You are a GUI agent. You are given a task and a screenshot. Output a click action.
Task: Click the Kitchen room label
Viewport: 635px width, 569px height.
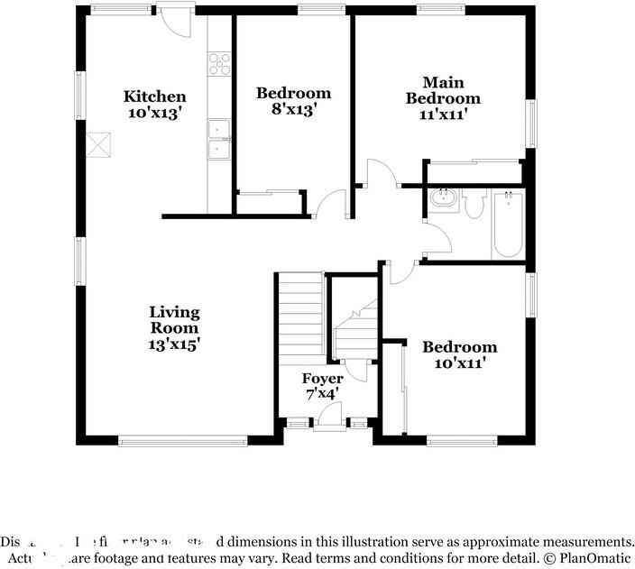tap(155, 96)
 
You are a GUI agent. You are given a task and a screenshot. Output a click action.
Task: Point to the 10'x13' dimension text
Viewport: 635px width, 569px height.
tap(155, 113)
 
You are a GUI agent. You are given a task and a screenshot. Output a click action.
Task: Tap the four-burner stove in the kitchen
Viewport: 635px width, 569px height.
tap(219, 63)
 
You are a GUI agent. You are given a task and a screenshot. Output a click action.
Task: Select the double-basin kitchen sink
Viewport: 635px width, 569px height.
tap(219, 140)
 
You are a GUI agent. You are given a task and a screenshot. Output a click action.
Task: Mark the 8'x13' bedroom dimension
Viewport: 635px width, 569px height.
tap(293, 108)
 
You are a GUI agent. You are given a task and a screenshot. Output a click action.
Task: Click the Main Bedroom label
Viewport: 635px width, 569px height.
tap(442, 90)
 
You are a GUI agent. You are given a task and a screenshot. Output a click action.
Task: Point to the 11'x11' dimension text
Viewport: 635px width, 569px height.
tap(442, 114)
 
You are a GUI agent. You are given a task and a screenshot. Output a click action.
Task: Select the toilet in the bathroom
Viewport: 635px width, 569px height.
tap(475, 205)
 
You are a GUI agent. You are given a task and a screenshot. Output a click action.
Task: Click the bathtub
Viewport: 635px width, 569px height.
tap(508, 225)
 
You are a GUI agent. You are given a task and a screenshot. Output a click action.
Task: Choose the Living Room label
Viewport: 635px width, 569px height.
tap(174, 320)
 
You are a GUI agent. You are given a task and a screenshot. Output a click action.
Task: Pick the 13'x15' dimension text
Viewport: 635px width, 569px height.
tap(174, 344)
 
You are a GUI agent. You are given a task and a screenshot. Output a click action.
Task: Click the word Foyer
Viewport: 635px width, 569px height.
tap(322, 379)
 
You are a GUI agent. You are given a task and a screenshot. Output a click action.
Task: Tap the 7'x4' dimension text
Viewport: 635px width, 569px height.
tap(322, 394)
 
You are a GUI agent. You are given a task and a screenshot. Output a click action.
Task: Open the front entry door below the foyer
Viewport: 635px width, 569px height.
tap(330, 417)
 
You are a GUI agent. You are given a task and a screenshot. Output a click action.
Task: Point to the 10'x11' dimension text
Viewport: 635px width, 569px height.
tap(460, 363)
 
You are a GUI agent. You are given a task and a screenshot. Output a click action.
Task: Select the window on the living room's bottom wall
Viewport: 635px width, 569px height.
tap(183, 440)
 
